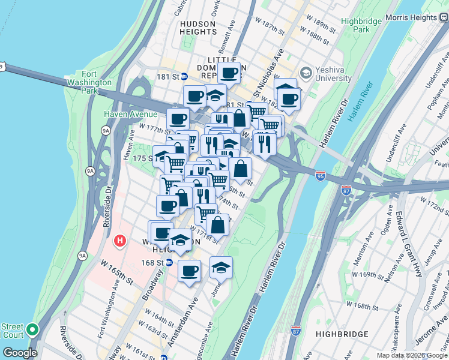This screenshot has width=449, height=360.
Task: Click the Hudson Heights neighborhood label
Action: coord(197,28)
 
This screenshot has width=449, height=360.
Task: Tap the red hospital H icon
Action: coord(119,241)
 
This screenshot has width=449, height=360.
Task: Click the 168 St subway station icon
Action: coord(169,262)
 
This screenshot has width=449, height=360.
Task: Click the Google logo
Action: coord(20,353)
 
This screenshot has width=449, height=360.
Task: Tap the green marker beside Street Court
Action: coord(33,330)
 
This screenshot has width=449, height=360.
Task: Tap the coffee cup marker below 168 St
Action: coord(190,271)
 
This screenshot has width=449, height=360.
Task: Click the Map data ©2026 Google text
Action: coord(411,355)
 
